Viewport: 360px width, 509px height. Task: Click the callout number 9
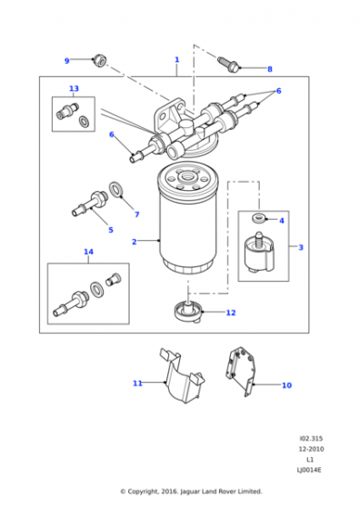pos(67,61)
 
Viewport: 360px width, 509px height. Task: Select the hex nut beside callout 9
pos(99,61)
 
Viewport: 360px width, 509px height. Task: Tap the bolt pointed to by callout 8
pos(229,65)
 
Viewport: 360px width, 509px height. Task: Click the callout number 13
pos(74,88)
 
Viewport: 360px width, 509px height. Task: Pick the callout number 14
pos(88,252)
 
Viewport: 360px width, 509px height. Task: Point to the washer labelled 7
pos(115,190)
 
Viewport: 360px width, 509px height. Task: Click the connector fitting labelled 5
pos(88,204)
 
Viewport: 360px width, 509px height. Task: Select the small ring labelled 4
pos(258,217)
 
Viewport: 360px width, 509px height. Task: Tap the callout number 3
pos(301,247)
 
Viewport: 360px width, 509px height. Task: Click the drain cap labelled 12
pos(188,311)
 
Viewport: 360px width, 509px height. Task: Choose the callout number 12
pos(231,313)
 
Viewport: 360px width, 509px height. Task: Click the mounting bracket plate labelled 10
pos(240,371)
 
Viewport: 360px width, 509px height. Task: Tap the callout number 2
pos(135,242)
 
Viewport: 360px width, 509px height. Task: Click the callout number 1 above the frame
pos(177,60)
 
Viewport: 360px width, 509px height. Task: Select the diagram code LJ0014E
pos(309,470)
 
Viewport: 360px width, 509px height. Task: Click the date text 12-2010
pos(311,449)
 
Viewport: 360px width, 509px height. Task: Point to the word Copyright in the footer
pos(143,492)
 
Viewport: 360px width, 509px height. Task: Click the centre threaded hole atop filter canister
pos(187,176)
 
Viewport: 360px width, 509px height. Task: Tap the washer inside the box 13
pos(84,122)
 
